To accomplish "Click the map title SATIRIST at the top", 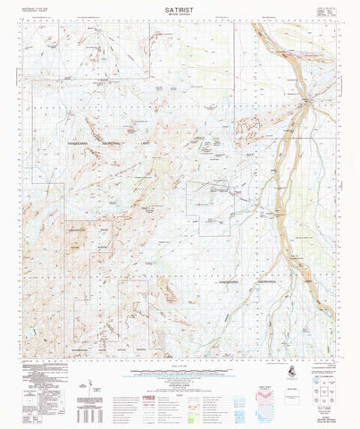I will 180,5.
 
